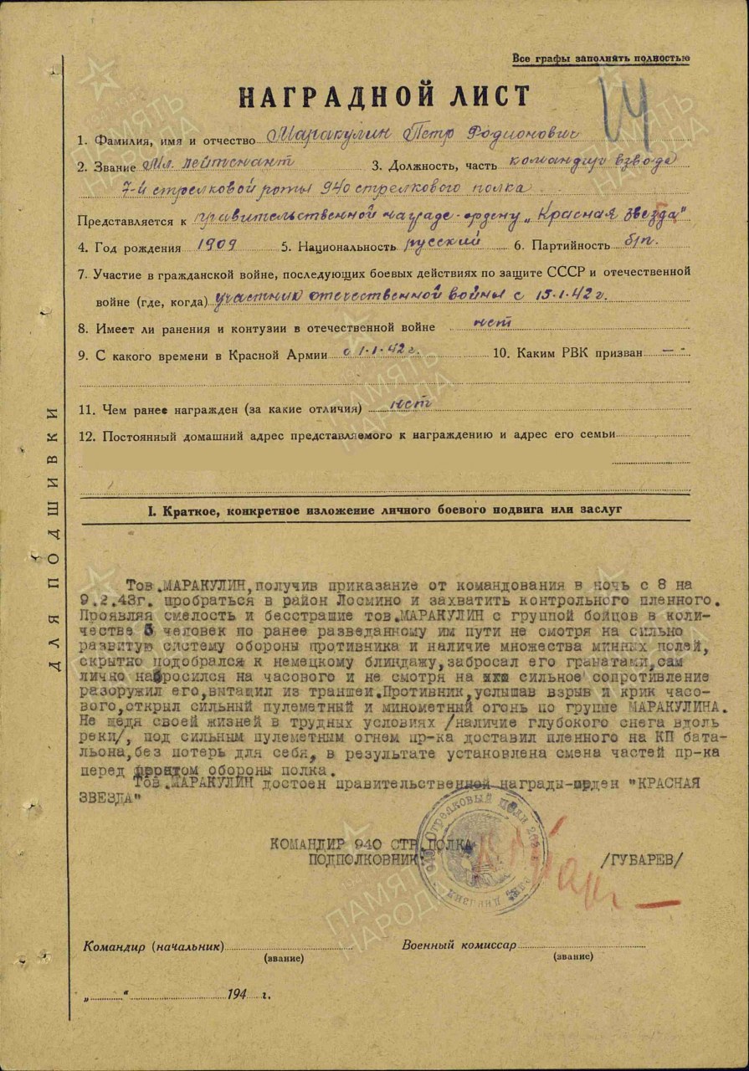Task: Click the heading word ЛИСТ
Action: pyautogui.click(x=486, y=97)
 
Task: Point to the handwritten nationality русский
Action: pyautogui.click(x=444, y=244)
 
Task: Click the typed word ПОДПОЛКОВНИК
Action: pyautogui.click(x=364, y=859)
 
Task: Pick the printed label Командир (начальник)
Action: pyautogui.click(x=153, y=947)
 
